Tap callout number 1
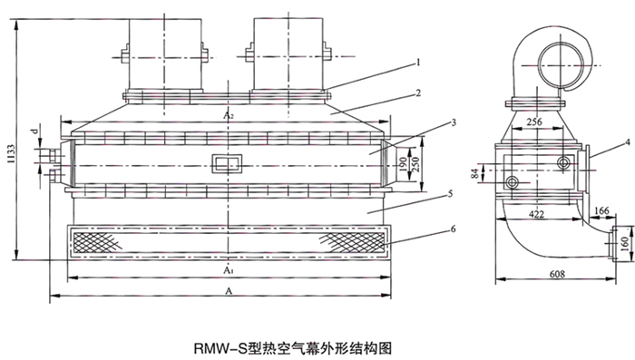click(x=418, y=63)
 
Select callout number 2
click(x=418, y=93)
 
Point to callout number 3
click(x=454, y=122)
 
